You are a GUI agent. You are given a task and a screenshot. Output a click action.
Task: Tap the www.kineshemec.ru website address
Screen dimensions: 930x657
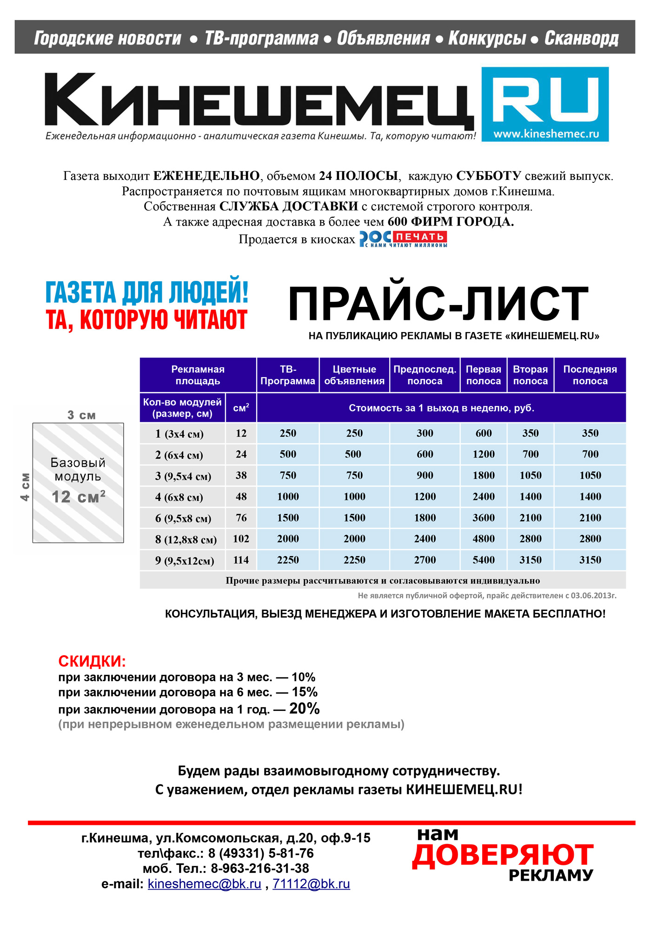pos(546,134)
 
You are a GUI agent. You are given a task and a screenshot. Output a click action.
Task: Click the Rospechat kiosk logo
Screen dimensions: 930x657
pos(403,239)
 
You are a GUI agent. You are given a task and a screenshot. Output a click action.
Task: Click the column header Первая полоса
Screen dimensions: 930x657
pos(483,375)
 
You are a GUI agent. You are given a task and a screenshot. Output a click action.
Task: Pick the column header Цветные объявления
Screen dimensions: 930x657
pos(354,375)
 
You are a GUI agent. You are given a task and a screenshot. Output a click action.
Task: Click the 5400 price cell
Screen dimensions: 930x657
pos(483,560)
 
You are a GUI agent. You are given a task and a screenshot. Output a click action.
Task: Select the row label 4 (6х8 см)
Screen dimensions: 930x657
pos(179,497)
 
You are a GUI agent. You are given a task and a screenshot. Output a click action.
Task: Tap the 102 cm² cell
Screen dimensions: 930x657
pos(241,539)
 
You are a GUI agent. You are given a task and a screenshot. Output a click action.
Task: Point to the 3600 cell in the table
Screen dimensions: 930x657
pos(483,518)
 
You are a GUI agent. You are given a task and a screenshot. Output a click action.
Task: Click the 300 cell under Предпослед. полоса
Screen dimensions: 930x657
pos(425,433)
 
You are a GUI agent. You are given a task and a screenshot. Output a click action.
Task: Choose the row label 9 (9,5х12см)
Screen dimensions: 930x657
pos(184,561)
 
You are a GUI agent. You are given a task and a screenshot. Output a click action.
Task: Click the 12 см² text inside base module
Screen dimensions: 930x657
pos(78,497)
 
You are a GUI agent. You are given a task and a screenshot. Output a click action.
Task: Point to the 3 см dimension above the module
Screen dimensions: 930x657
pos(81,415)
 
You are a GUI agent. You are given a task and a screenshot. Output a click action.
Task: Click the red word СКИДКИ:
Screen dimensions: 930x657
pos(92,661)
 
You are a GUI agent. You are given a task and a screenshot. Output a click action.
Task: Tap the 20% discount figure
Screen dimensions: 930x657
pos(304,708)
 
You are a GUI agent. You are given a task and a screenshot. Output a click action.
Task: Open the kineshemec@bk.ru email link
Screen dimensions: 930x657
pos(204,884)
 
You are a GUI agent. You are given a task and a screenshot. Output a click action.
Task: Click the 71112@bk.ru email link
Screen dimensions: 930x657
pos(311,884)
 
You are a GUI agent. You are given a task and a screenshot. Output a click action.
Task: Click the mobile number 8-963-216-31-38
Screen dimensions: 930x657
pos(260,868)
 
